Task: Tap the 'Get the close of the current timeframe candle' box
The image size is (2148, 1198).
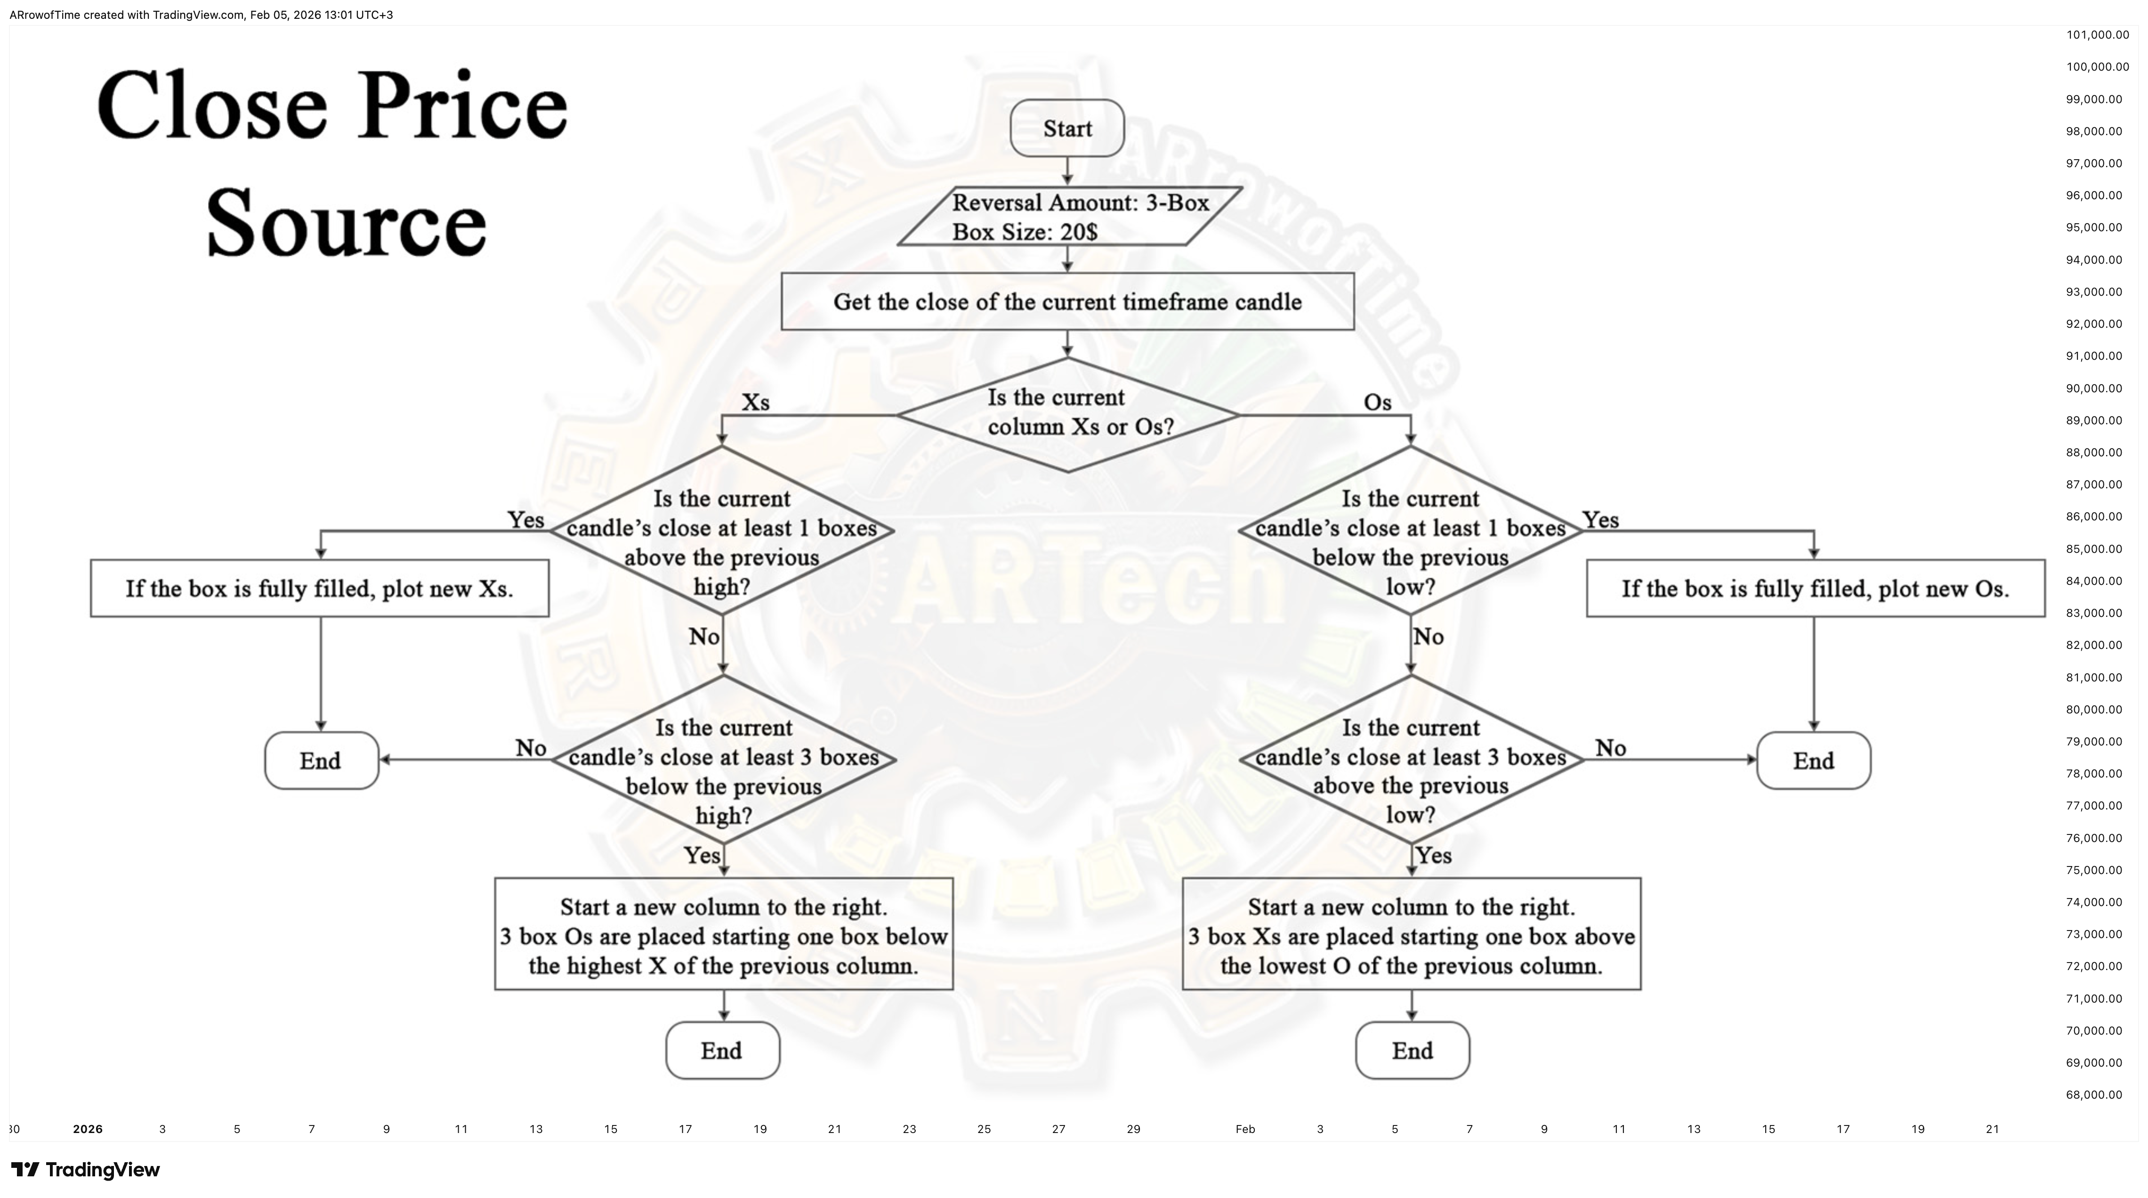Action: click(x=1067, y=302)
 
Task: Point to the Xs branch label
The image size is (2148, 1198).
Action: click(x=755, y=403)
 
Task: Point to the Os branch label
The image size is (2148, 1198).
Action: click(x=1378, y=403)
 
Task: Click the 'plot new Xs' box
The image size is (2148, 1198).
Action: click(x=319, y=589)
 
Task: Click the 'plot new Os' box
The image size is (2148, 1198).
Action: click(x=1815, y=589)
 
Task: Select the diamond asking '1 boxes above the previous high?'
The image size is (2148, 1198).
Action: click(x=722, y=530)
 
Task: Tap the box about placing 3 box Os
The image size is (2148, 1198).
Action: click(x=724, y=935)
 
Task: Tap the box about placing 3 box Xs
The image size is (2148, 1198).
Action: click(x=1412, y=935)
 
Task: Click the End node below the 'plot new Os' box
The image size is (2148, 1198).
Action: click(x=1814, y=761)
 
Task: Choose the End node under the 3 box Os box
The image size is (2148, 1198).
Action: click(x=722, y=1051)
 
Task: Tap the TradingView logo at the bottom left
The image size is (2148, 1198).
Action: click(x=85, y=1170)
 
